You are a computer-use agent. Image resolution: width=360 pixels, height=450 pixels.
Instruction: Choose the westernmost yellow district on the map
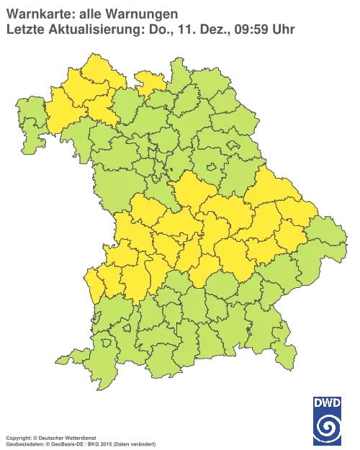click(x=93, y=281)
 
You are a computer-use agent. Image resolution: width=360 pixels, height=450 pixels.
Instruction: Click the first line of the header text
click(x=91, y=13)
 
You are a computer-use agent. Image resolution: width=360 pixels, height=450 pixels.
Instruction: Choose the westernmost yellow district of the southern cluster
click(x=93, y=281)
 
